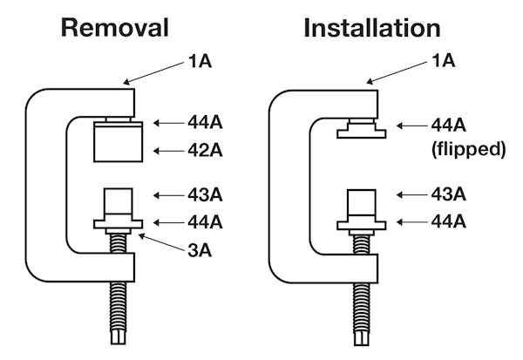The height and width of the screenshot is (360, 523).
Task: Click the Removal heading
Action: coord(113,28)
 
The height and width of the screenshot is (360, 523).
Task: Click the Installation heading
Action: coord(372,28)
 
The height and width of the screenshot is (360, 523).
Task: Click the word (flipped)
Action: coord(468,149)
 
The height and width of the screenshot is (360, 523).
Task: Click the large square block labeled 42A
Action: coord(119,142)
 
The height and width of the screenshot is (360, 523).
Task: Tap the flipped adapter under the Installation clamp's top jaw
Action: coord(360,132)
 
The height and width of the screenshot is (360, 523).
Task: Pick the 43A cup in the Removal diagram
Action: coord(118,205)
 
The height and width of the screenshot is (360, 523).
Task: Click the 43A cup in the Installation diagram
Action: coord(361,205)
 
